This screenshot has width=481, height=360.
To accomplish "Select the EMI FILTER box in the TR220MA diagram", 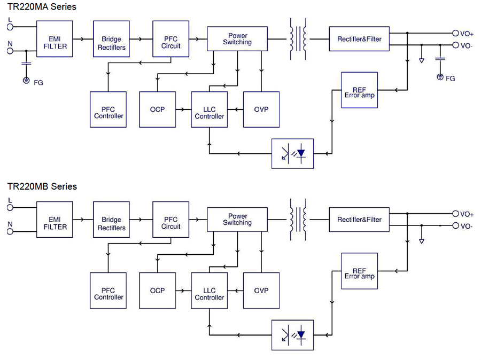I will [55, 43].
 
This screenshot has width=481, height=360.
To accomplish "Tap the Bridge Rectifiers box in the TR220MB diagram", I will [112, 223].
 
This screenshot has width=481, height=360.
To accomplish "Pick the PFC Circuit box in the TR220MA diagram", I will [170, 43].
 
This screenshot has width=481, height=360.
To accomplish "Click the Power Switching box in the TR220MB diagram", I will [237, 219].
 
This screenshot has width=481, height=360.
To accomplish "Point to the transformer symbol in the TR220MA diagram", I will [298, 38].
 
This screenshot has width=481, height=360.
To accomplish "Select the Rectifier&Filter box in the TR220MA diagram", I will [359, 39].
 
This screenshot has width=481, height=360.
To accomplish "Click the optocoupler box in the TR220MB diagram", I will [293, 335].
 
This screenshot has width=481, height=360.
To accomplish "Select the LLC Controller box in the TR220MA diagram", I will [209, 109].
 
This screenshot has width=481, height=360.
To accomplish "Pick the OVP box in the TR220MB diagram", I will [261, 290].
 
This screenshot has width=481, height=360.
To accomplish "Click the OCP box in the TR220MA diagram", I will [157, 109].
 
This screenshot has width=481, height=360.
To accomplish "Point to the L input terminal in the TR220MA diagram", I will [10, 26].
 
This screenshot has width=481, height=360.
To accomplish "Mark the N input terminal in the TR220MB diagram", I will [10, 231].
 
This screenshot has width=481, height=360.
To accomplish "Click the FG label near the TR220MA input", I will [38, 83].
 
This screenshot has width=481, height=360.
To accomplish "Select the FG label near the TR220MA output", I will [450, 79].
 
